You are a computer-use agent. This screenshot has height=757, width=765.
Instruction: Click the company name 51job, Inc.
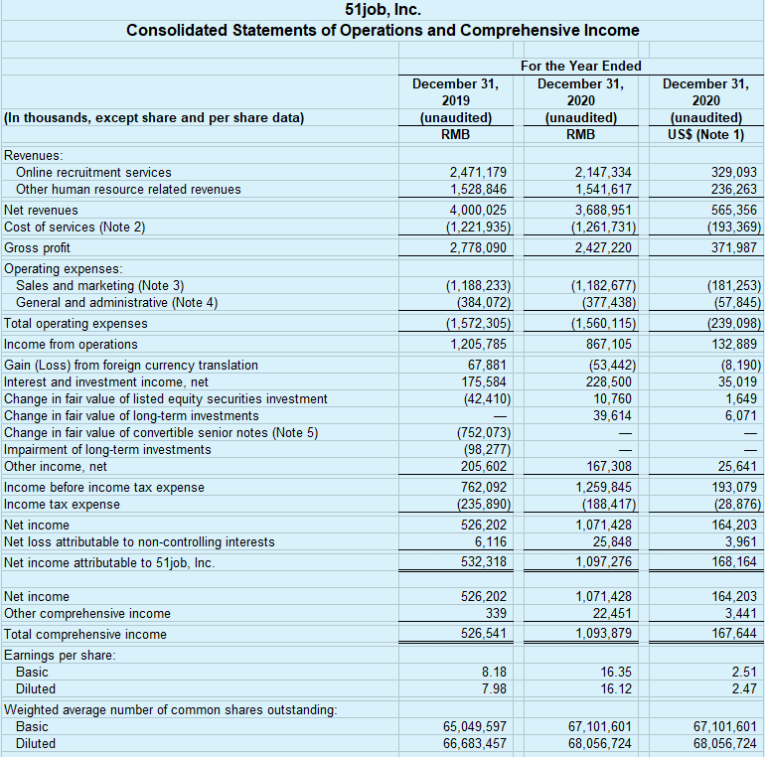tap(382, 11)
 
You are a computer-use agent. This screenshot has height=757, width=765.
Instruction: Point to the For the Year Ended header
tap(580, 66)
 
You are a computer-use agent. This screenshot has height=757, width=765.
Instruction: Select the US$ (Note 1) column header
tap(706, 134)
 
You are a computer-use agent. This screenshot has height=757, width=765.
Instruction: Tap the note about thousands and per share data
tap(154, 117)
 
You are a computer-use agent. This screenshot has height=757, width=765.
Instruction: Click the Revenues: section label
tap(34, 155)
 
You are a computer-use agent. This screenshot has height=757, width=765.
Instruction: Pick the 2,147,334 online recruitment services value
tap(602, 173)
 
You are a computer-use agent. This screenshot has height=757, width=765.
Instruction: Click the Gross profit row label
tap(38, 247)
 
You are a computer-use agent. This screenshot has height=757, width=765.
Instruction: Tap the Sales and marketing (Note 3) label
tap(100, 285)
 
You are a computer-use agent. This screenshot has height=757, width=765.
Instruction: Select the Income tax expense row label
tap(62, 504)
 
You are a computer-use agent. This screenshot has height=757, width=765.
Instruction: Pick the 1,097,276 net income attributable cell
tap(602, 562)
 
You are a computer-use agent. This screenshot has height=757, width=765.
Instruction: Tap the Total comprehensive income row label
tap(85, 634)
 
